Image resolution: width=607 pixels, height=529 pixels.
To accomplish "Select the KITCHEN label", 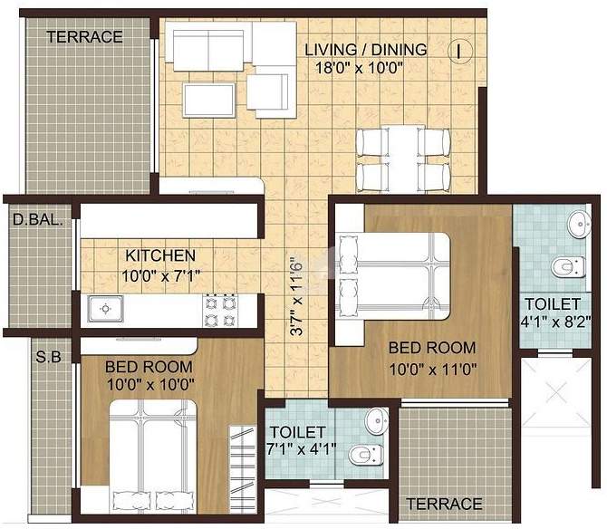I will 159,255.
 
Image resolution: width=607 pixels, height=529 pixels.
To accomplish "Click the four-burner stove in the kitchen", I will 219,311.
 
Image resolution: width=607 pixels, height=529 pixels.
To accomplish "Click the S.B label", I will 48,357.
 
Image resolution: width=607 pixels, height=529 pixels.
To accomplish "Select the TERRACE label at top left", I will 84,37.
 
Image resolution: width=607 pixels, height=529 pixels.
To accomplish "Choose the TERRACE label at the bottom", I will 444,503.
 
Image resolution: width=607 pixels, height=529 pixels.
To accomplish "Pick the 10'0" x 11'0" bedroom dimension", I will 432,369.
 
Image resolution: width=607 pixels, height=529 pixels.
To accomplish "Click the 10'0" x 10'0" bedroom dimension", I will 149,384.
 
